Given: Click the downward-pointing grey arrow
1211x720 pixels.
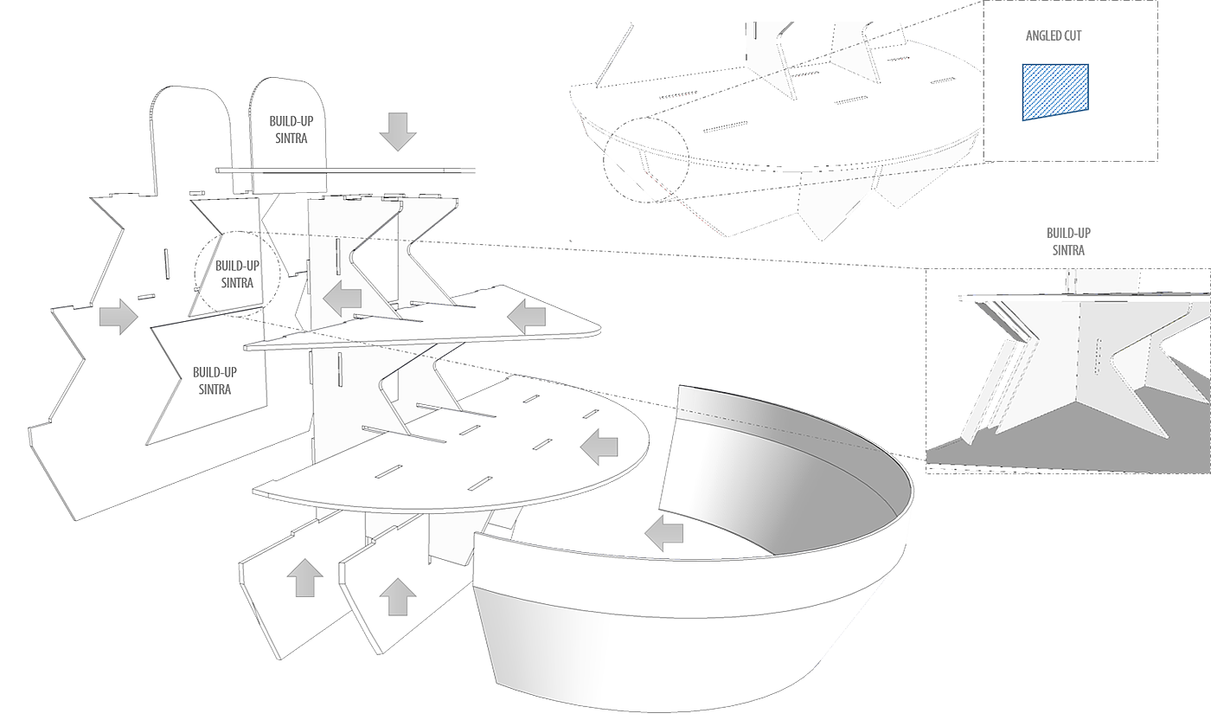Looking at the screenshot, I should [398, 132].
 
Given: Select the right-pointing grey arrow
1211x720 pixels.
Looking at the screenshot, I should [119, 317].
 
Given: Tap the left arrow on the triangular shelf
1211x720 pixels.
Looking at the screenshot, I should [527, 318].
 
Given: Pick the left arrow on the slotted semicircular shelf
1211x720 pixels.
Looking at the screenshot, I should [599, 447].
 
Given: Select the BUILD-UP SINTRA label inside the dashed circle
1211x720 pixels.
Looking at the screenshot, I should [236, 273].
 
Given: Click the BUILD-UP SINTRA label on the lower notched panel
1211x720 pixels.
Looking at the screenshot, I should [215, 380].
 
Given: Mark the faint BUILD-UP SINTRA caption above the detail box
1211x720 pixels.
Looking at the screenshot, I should [1068, 241].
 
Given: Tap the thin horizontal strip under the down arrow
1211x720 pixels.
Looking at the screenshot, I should [346, 170].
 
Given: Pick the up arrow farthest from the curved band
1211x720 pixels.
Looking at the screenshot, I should [304, 577].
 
